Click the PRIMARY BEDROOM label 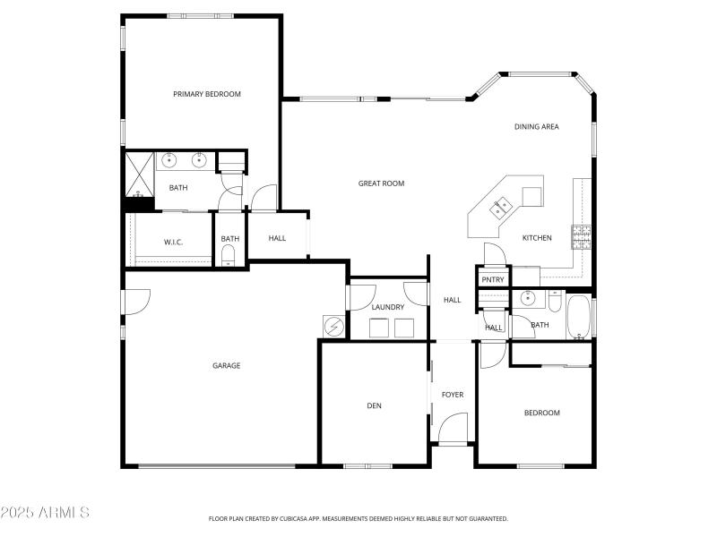point(207,94)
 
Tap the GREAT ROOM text point(381,183)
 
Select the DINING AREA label point(536,127)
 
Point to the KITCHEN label point(537,238)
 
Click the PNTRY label point(493,280)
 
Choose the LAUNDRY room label point(388,307)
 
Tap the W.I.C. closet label point(173,242)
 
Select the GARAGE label point(226,365)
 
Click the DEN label point(374,406)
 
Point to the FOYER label point(452,395)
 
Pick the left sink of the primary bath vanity point(168,161)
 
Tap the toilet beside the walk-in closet point(228,258)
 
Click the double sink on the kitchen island point(499,209)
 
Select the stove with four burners point(583,236)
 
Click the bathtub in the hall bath point(578,317)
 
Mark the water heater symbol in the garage point(333,327)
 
